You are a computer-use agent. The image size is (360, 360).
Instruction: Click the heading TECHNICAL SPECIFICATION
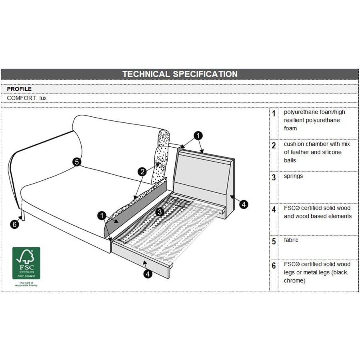(180, 74)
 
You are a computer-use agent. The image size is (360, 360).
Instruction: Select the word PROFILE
(19, 89)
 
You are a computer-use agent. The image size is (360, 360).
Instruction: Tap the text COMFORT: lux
(27, 98)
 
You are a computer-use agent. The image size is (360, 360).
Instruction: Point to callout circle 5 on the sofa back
(77, 162)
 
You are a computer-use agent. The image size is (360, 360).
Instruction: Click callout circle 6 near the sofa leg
(14, 224)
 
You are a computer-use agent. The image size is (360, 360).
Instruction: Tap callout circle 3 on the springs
(159, 212)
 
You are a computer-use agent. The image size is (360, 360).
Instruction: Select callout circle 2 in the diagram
(142, 172)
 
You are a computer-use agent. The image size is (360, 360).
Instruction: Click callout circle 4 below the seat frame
(148, 274)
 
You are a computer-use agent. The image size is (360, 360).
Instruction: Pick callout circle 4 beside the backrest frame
(244, 204)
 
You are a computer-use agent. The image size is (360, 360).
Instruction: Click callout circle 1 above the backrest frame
(199, 136)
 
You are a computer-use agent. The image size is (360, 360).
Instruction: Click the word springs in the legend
(293, 176)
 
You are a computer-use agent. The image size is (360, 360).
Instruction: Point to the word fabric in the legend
(291, 240)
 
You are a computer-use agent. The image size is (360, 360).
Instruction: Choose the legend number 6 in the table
(274, 265)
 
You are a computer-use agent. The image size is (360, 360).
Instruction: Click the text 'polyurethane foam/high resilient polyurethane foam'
(314, 120)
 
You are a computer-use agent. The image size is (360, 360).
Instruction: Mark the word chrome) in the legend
(295, 280)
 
